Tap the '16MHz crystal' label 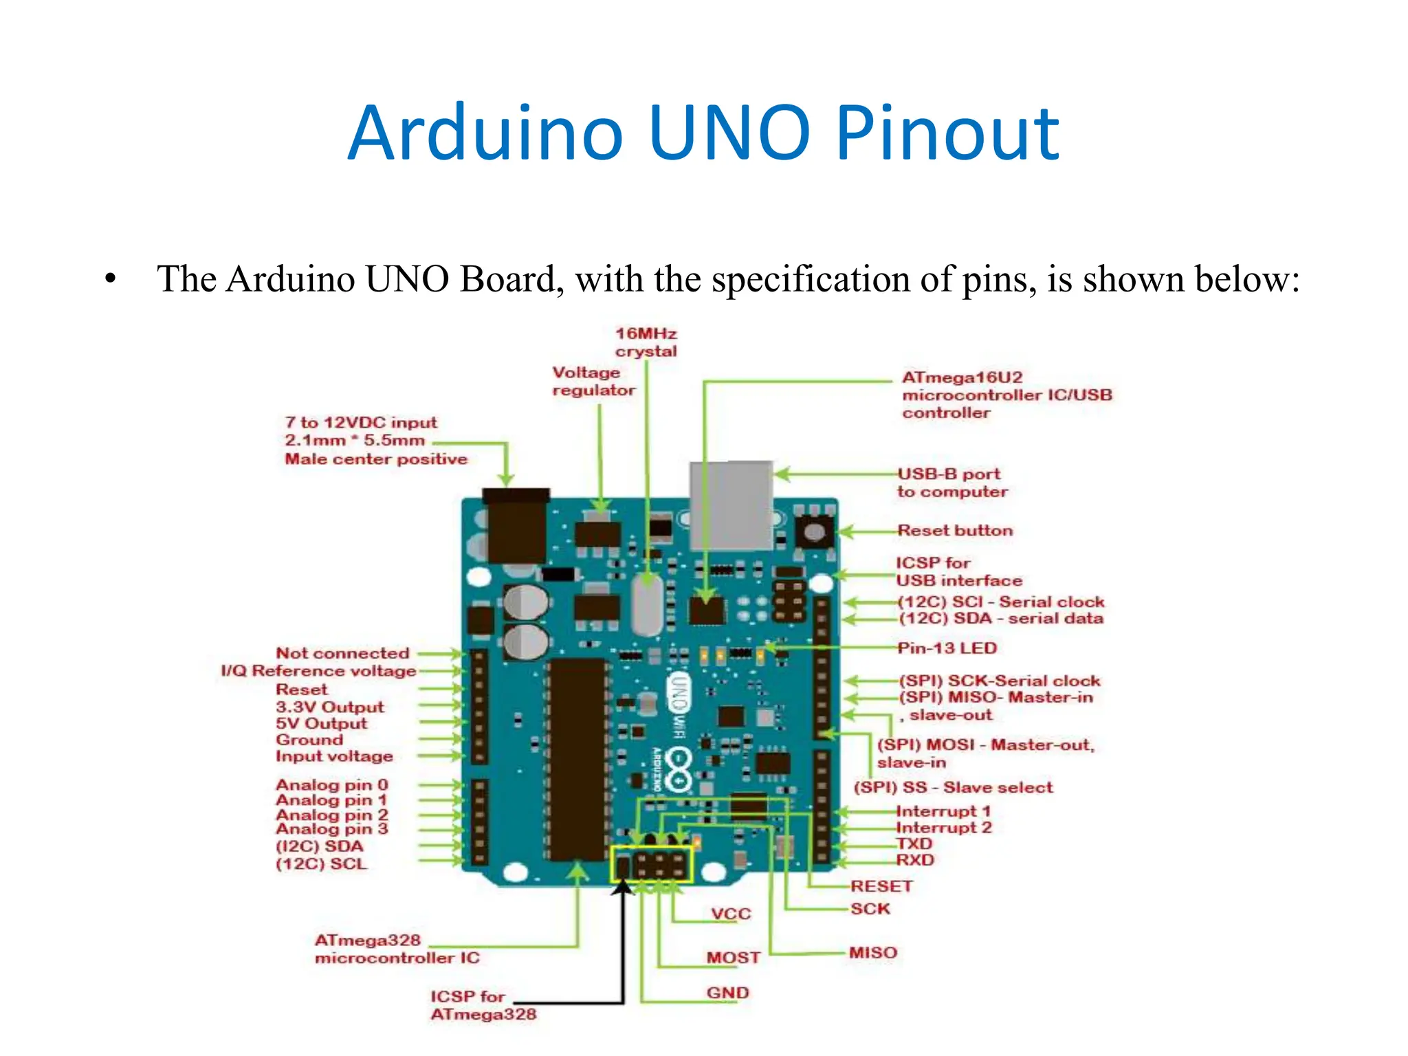click(646, 342)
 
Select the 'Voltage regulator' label click(593, 382)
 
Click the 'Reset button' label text click(955, 531)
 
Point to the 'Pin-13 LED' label click(947, 648)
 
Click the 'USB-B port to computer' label click(951, 483)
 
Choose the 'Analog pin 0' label click(332, 785)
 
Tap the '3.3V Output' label click(330, 707)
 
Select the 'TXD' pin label click(914, 844)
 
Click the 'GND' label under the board click(727, 993)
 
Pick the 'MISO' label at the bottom click(873, 953)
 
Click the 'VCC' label click(731, 914)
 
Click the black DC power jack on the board click(516, 526)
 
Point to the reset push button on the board click(814, 532)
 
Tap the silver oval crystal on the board click(647, 604)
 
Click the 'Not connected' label click(342, 653)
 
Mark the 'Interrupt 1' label click(943, 812)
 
